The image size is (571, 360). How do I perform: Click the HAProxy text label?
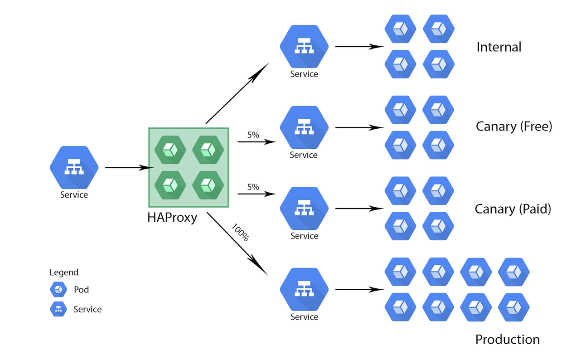click(x=172, y=218)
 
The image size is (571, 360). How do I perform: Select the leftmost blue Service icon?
click(x=74, y=167)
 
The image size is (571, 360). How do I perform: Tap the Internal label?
click(x=499, y=47)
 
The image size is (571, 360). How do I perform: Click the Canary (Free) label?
click(x=514, y=126)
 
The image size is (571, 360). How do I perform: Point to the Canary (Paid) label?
click(x=513, y=209)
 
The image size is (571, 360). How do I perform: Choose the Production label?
click(x=507, y=340)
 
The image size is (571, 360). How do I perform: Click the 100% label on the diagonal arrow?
click(x=240, y=232)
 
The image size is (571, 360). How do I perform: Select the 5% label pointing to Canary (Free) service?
click(x=253, y=135)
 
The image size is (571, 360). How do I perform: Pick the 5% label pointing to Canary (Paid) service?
click(x=253, y=187)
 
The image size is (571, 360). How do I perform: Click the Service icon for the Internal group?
click(x=304, y=46)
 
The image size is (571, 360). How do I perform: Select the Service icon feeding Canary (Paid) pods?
click(x=304, y=208)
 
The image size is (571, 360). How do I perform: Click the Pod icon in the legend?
click(x=58, y=289)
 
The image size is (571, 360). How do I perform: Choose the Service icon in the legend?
click(x=58, y=309)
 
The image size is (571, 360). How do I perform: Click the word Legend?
click(x=64, y=272)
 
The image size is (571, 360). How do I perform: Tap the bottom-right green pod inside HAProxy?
click(x=208, y=185)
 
